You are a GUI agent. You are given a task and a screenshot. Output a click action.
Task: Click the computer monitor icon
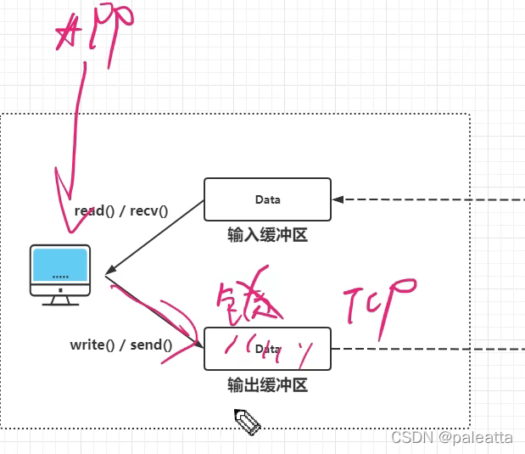click(x=60, y=274)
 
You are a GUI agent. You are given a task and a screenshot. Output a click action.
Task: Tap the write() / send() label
click(x=120, y=345)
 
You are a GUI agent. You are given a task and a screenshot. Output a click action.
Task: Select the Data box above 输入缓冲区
click(x=267, y=199)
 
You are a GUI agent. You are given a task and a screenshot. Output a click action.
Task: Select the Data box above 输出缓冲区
click(x=267, y=349)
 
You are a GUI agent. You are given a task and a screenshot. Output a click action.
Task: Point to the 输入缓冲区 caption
click(x=267, y=235)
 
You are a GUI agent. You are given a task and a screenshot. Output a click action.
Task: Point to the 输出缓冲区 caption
click(x=267, y=385)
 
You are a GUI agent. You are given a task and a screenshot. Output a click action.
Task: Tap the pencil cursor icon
click(x=246, y=421)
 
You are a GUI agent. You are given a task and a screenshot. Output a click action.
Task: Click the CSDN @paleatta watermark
click(x=451, y=437)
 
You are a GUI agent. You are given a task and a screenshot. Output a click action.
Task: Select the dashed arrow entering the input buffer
click(x=424, y=200)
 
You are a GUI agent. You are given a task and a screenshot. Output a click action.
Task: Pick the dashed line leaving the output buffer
click(x=424, y=349)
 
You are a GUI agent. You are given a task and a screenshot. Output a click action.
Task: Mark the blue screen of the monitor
click(x=60, y=266)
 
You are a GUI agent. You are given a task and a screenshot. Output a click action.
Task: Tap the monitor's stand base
click(x=60, y=301)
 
